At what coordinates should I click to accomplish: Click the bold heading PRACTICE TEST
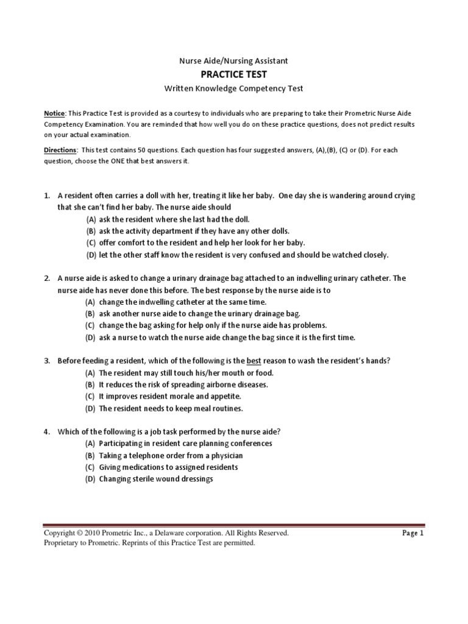(234, 74)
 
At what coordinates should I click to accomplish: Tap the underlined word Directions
(60, 150)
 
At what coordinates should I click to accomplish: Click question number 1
(46, 196)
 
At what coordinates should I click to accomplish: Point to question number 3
(46, 361)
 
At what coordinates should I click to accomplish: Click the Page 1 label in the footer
(413, 533)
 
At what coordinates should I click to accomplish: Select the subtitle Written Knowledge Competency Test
(234, 89)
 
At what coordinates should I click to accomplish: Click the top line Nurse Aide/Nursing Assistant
(233, 61)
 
